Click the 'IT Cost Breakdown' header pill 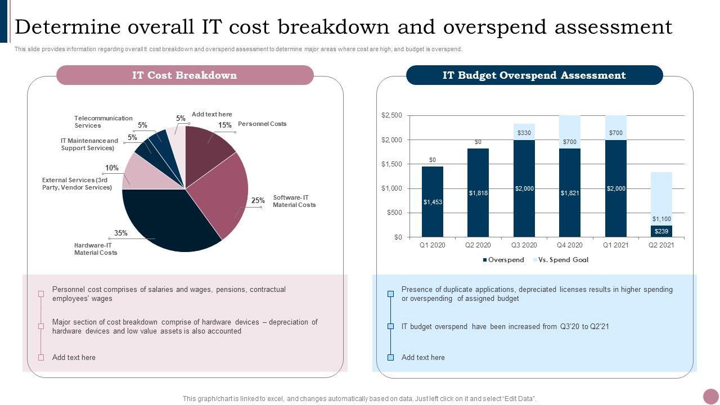[184, 75]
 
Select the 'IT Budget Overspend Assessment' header [534, 75]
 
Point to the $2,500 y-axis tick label [391, 115]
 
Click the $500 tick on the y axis [394, 213]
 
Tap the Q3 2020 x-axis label [524, 245]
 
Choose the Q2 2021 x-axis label [661, 245]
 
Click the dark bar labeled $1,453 [433, 201]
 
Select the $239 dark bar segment [661, 231]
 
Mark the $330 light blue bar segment [524, 132]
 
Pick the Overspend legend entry [503, 260]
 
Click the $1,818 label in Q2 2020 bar [478, 193]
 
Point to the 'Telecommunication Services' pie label [103, 121]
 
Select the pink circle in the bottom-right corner [711, 397]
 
